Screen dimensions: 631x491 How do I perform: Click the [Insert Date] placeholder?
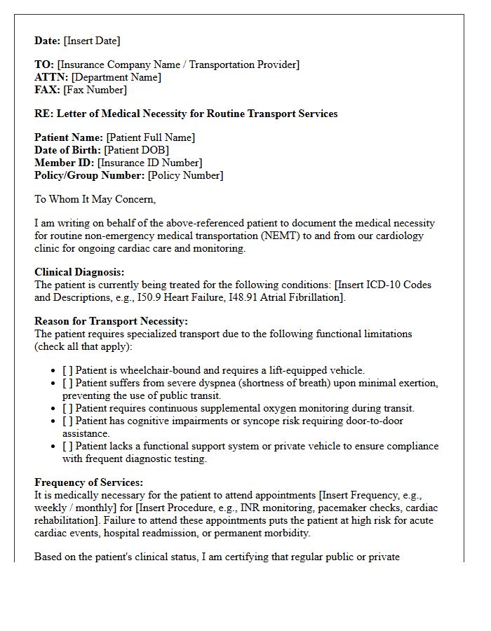[x=92, y=41]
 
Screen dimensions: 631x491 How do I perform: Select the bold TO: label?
[x=44, y=65]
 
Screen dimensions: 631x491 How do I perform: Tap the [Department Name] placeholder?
[x=116, y=77]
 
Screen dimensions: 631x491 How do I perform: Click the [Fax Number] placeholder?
[x=95, y=90]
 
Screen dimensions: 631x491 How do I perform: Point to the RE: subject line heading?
[x=186, y=114]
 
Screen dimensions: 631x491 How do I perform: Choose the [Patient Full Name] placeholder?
[x=150, y=137]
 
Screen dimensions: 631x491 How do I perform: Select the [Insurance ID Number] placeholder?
[x=149, y=163]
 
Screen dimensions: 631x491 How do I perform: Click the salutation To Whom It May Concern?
[x=95, y=199]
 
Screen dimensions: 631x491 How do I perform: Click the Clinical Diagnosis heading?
[x=79, y=272]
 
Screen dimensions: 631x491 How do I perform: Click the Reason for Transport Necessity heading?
[x=111, y=321]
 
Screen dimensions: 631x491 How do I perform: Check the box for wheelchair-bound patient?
[x=67, y=370]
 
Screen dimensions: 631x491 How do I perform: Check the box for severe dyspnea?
[x=67, y=383]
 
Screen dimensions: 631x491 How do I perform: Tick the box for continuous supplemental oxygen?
[x=67, y=408]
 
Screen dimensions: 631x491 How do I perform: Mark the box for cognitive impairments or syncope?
[x=67, y=421]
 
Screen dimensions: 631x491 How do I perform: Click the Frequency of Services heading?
[x=88, y=482]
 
